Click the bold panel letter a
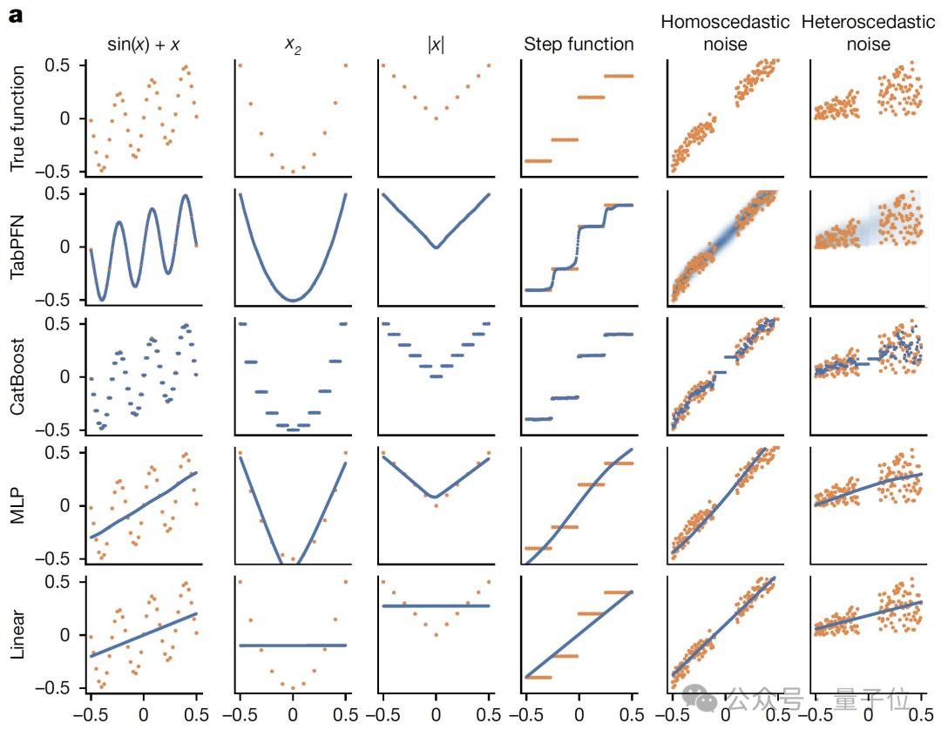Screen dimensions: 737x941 tap(15, 15)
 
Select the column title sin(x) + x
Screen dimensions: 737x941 tap(143, 44)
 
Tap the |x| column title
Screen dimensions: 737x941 tap(435, 44)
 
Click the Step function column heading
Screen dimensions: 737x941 tap(579, 44)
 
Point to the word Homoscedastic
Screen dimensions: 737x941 tap(725, 21)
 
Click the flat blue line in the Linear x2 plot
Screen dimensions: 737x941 tap(293, 646)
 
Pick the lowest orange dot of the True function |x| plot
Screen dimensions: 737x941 tap(436, 118)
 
